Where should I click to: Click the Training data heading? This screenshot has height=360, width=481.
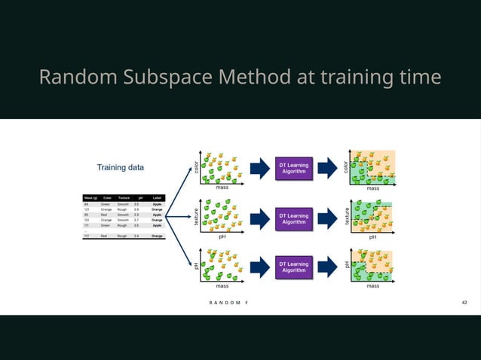(120, 166)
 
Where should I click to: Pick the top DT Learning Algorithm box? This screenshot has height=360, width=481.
(293, 168)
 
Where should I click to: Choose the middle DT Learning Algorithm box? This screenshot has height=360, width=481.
(293, 218)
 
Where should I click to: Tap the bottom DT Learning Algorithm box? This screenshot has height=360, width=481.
(293, 267)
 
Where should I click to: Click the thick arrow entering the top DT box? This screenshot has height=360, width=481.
(259, 168)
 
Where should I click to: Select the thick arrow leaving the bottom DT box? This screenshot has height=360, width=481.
(327, 267)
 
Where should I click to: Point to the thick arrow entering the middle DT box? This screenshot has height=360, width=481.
(259, 218)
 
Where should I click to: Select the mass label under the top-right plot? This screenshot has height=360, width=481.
(372, 188)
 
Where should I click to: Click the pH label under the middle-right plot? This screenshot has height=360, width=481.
(372, 236)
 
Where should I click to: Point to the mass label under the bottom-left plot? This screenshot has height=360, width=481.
(222, 286)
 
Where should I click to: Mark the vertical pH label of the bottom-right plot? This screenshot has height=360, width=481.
(347, 265)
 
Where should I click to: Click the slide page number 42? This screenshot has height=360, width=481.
(464, 301)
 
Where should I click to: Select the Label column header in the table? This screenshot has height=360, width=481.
(157, 197)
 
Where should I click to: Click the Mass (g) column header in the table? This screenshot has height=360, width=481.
(90, 197)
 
